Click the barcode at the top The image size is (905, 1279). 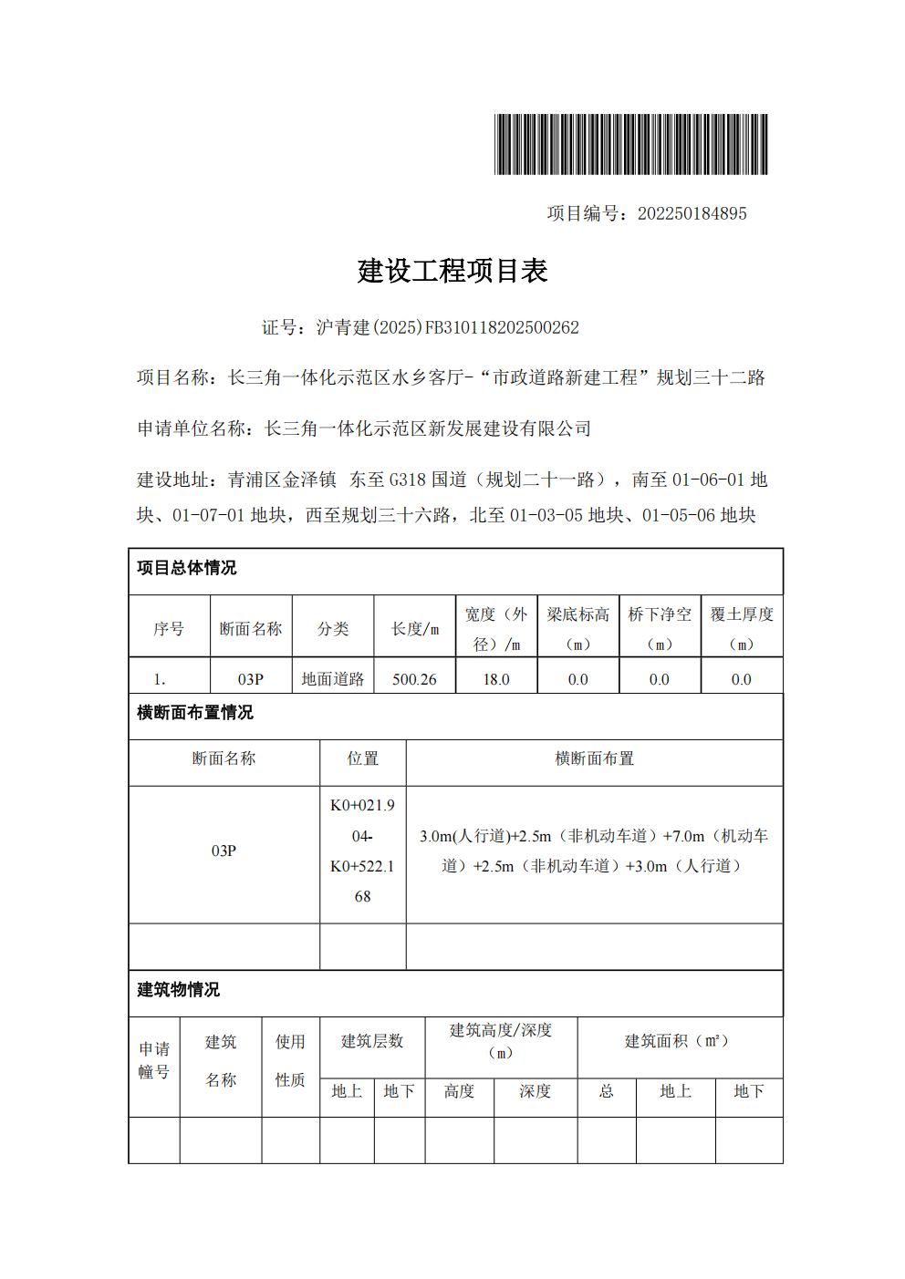tap(630, 144)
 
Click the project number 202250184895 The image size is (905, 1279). tap(692, 213)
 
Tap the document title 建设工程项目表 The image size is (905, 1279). tap(452, 271)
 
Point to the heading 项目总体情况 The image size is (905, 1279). tap(187, 568)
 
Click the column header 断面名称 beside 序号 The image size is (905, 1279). tap(251, 629)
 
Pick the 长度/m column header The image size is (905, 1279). tap(415, 629)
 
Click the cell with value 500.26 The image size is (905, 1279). tap(414, 679)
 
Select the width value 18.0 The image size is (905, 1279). tap(496, 679)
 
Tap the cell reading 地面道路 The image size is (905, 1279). tap(333, 679)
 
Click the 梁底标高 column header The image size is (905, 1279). tap(578, 628)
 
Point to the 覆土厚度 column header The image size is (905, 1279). tap(742, 628)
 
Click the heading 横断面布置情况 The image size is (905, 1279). tap(195, 713)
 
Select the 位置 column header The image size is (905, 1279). tap(363, 758)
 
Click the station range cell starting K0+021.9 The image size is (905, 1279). tap(363, 851)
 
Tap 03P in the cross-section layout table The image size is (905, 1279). tap(224, 851)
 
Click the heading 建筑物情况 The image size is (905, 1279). tap(179, 990)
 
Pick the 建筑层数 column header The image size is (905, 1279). tap(372, 1041)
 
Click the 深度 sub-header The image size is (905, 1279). tap(536, 1091)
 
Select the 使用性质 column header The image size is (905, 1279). tap(290, 1060)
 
